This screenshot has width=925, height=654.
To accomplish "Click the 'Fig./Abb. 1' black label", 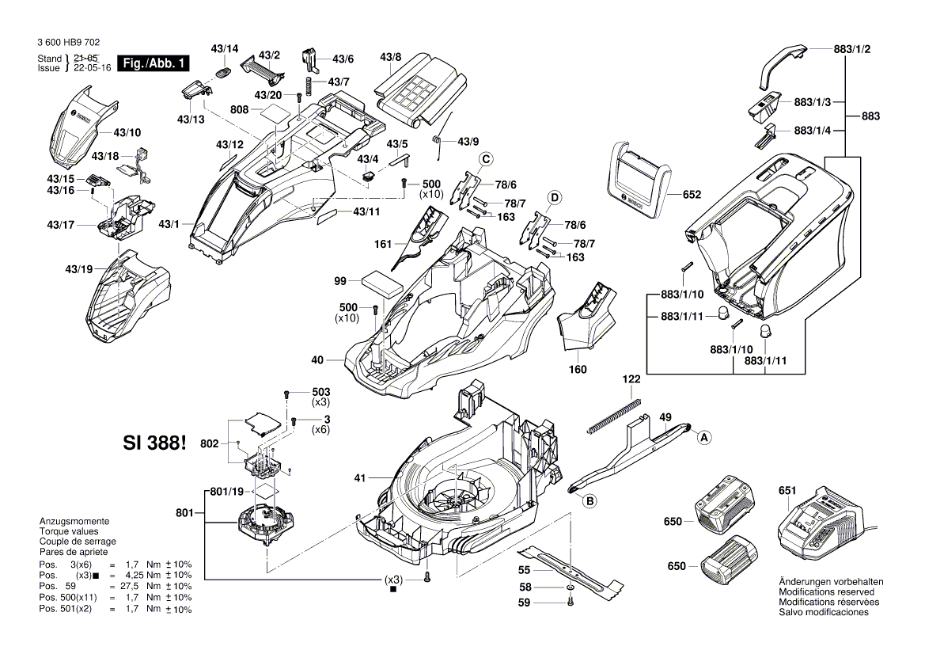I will coord(153,63).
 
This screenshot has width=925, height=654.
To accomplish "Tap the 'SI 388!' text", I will coord(156,443).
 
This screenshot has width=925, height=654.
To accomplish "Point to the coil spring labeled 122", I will coord(613,416).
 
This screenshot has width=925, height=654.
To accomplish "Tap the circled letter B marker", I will coord(589,500).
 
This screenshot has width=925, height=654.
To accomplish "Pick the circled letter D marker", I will coord(555,196).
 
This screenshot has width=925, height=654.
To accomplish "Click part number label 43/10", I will coord(127,132).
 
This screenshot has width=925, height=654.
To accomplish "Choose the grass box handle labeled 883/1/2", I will coord(783,64).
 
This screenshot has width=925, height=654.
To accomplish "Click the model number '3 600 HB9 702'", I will coord(68,43).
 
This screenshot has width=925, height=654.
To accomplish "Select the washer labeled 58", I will coord(571,589).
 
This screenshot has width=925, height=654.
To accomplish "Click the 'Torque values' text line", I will coord(68,532).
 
